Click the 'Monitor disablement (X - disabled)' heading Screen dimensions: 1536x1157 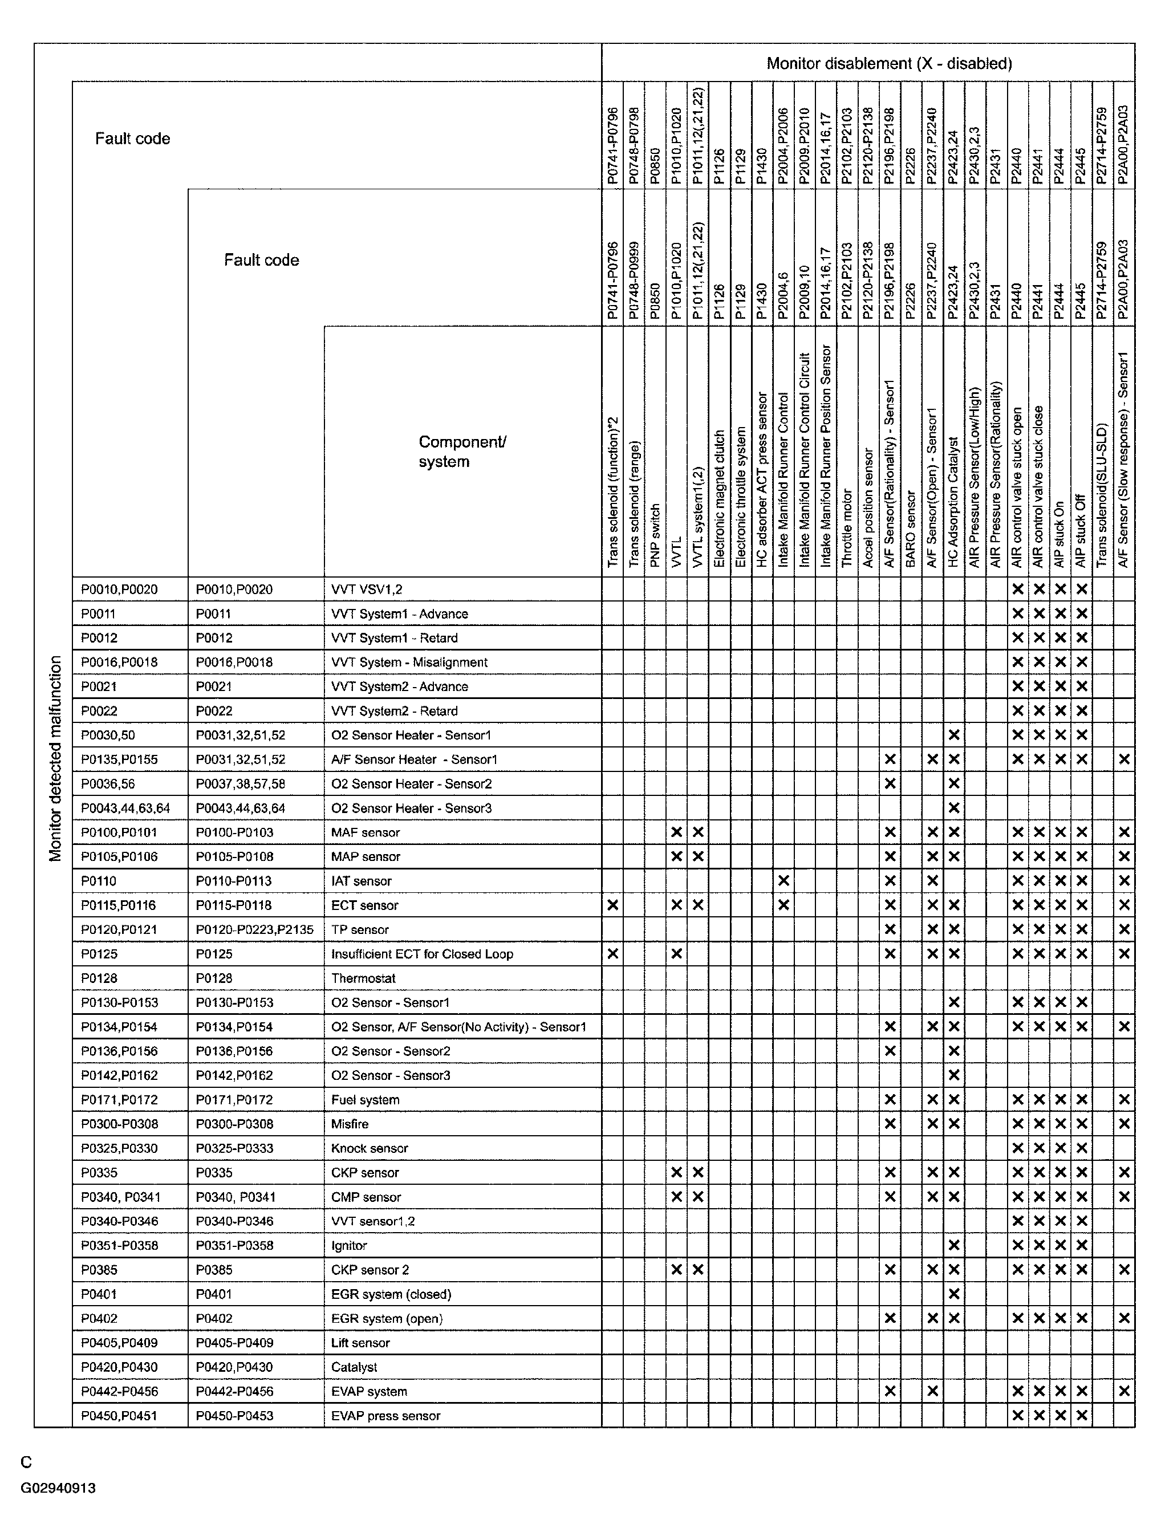[x=888, y=63]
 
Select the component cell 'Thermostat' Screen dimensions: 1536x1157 [x=363, y=978]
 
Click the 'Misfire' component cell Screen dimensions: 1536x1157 [x=350, y=1124]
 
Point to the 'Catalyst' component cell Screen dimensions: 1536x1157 [x=354, y=1367]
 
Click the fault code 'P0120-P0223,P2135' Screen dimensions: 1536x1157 [x=254, y=929]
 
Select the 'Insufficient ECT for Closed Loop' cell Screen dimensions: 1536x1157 [x=421, y=953]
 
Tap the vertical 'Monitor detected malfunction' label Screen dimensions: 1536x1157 [x=55, y=758]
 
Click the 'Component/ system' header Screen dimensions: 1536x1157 [x=461, y=452]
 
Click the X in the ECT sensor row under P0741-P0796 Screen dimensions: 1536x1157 [x=612, y=905]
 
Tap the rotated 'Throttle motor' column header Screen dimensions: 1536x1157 [x=847, y=528]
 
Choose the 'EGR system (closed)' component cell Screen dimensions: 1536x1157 [x=391, y=1294]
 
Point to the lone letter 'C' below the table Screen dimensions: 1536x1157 [x=26, y=1462]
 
